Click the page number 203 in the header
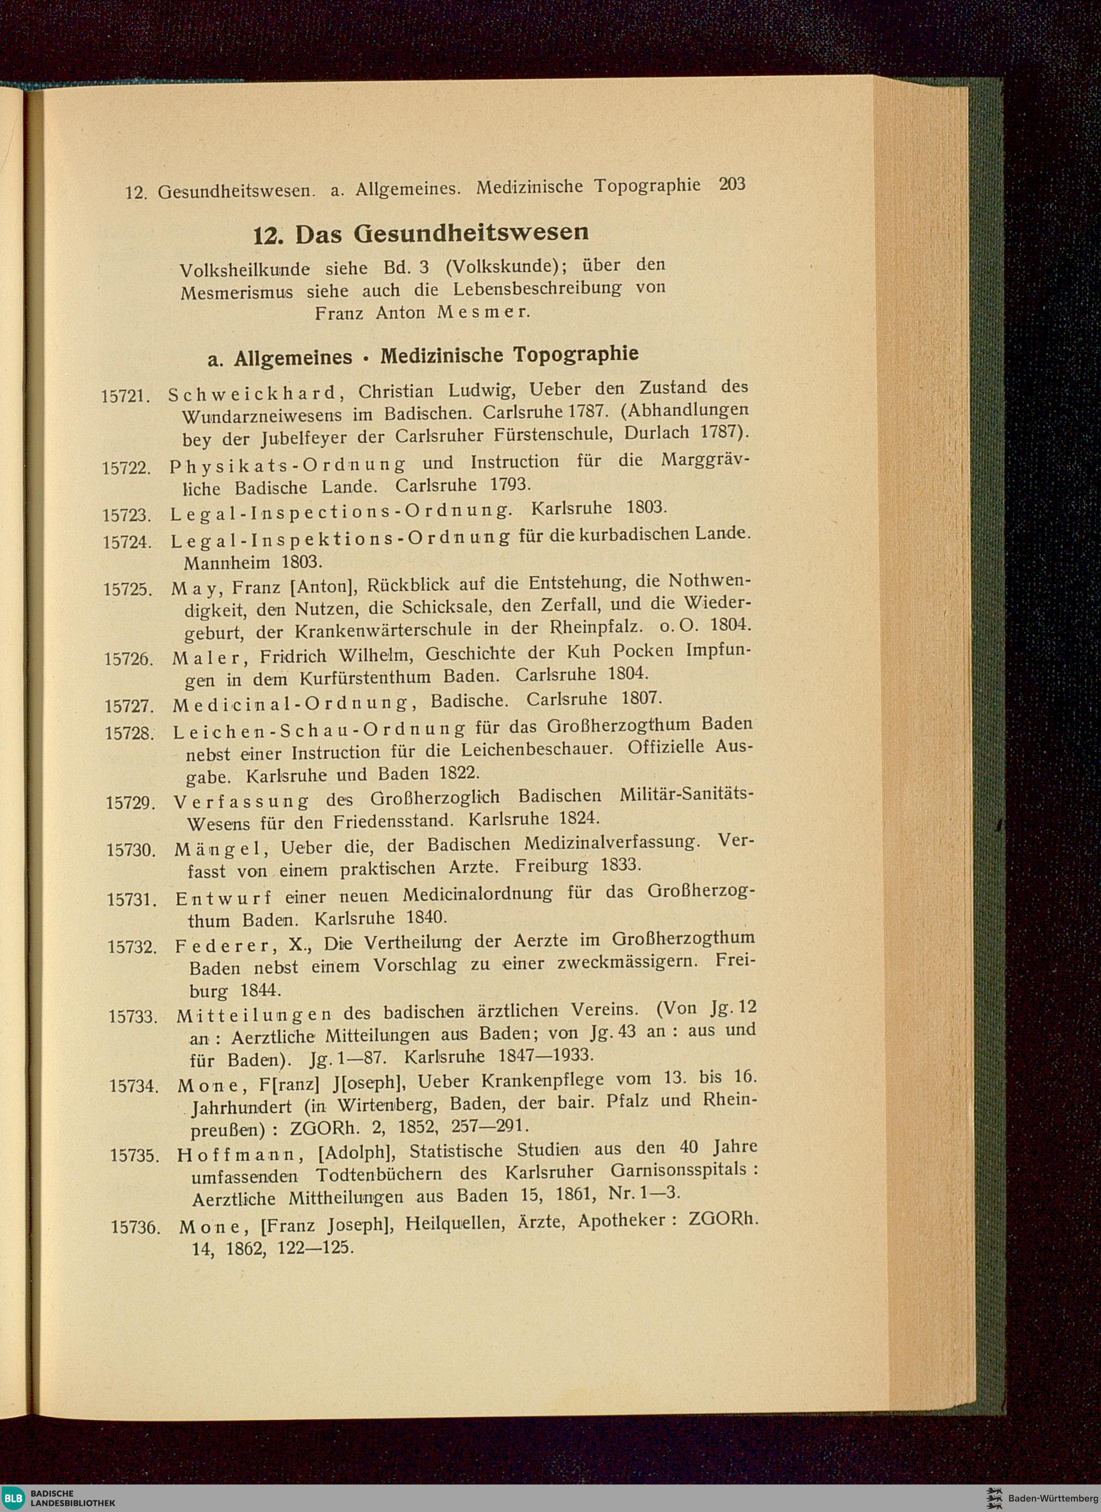pos(732,184)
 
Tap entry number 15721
pos(127,396)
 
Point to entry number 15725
pos(129,590)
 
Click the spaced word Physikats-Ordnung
pos(287,465)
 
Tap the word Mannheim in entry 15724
pos(227,562)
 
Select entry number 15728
pos(130,733)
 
